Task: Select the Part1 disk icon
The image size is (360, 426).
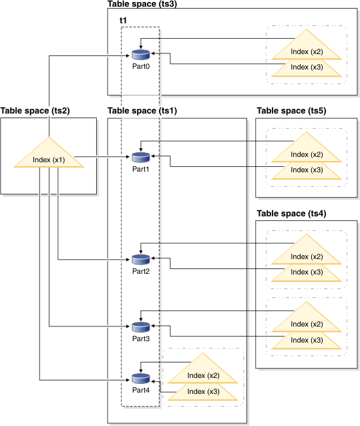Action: pyautogui.click(x=140, y=157)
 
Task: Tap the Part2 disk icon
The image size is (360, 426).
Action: pyautogui.click(x=140, y=259)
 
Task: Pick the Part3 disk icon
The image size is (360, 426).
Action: pyautogui.click(x=140, y=327)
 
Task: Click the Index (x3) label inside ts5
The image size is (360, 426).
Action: pyautogui.click(x=307, y=170)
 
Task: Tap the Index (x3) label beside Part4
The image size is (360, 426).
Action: pyautogui.click(x=204, y=391)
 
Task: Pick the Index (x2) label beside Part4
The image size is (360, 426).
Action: pyautogui.click(x=204, y=375)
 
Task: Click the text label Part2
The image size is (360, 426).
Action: pyautogui.click(x=140, y=271)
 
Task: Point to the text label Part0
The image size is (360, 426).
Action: pyautogui.click(x=140, y=67)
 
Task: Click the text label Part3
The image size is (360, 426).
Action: pyautogui.click(x=140, y=339)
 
